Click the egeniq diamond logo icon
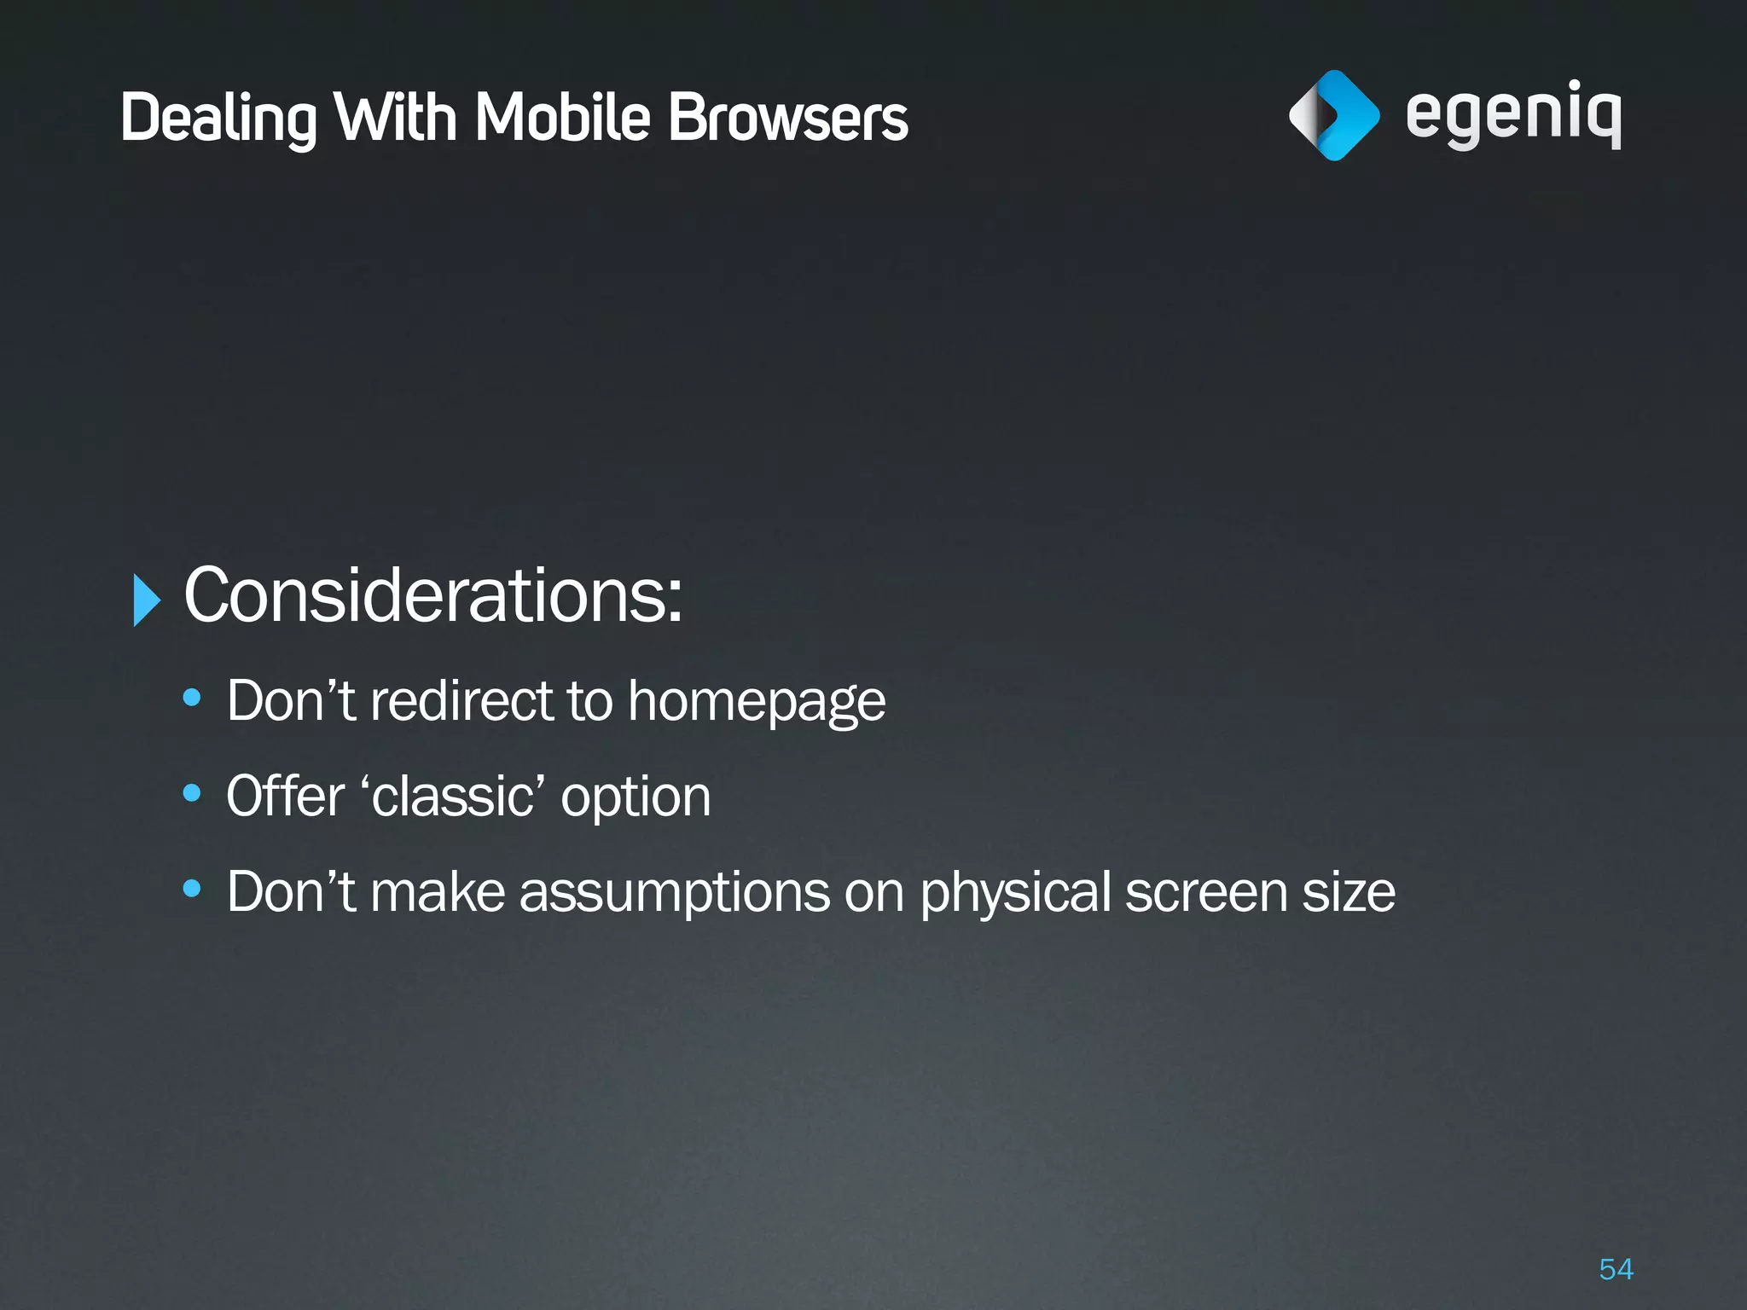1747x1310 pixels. pyautogui.click(x=1333, y=115)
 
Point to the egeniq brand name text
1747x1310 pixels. pyautogui.click(x=1512, y=115)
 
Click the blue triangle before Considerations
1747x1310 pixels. pyautogui.click(x=147, y=600)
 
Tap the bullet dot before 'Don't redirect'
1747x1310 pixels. pyautogui.click(x=192, y=698)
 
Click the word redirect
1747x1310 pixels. pyautogui.click(x=461, y=701)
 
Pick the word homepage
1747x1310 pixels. pyautogui.click(x=757, y=703)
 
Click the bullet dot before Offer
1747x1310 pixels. pyautogui.click(x=192, y=794)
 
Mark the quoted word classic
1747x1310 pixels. pyautogui.click(x=453, y=797)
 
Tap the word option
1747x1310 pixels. pyautogui.click(x=636, y=798)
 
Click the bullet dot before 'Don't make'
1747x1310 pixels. pyautogui.click(x=192, y=890)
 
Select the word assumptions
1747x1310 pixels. pyautogui.click(x=675, y=893)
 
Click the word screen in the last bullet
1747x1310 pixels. pyautogui.click(x=1206, y=893)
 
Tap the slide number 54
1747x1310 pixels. pyautogui.click(x=1616, y=1269)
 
